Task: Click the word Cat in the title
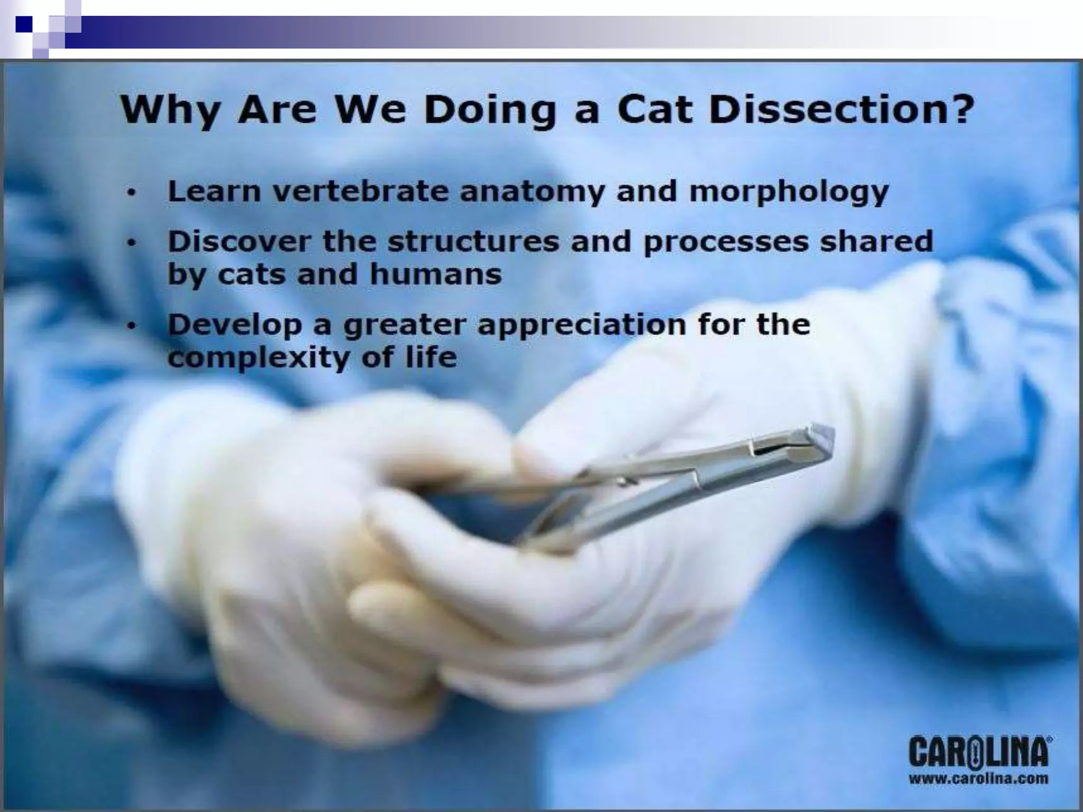[655, 110]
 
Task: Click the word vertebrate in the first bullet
[360, 191]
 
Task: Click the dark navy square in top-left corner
[24, 24]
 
